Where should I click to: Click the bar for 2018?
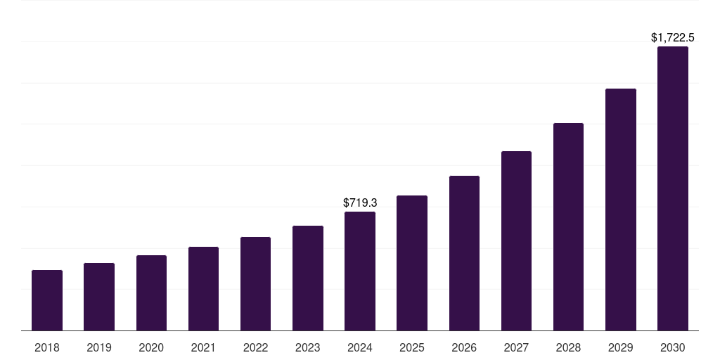click(x=47, y=300)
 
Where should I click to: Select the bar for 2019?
click(x=99, y=297)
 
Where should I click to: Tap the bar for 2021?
click(x=203, y=288)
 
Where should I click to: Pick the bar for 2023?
click(x=308, y=278)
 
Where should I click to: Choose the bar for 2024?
click(x=360, y=271)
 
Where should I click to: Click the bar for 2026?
click(x=464, y=253)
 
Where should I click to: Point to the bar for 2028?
click(x=568, y=226)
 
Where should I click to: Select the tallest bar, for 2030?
click(x=673, y=188)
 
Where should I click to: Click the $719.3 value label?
click(x=360, y=202)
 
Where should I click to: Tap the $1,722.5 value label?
click(x=673, y=37)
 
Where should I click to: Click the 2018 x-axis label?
click(x=47, y=347)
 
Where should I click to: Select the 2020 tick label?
click(x=151, y=347)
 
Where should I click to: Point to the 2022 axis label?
click(x=255, y=347)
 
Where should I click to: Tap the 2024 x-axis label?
click(x=360, y=347)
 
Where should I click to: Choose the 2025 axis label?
click(x=412, y=347)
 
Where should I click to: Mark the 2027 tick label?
click(x=516, y=347)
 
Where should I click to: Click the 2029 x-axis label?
click(x=621, y=347)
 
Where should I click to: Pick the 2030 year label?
click(x=673, y=347)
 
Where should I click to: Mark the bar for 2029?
click(x=621, y=210)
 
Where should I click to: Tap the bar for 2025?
click(x=412, y=263)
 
